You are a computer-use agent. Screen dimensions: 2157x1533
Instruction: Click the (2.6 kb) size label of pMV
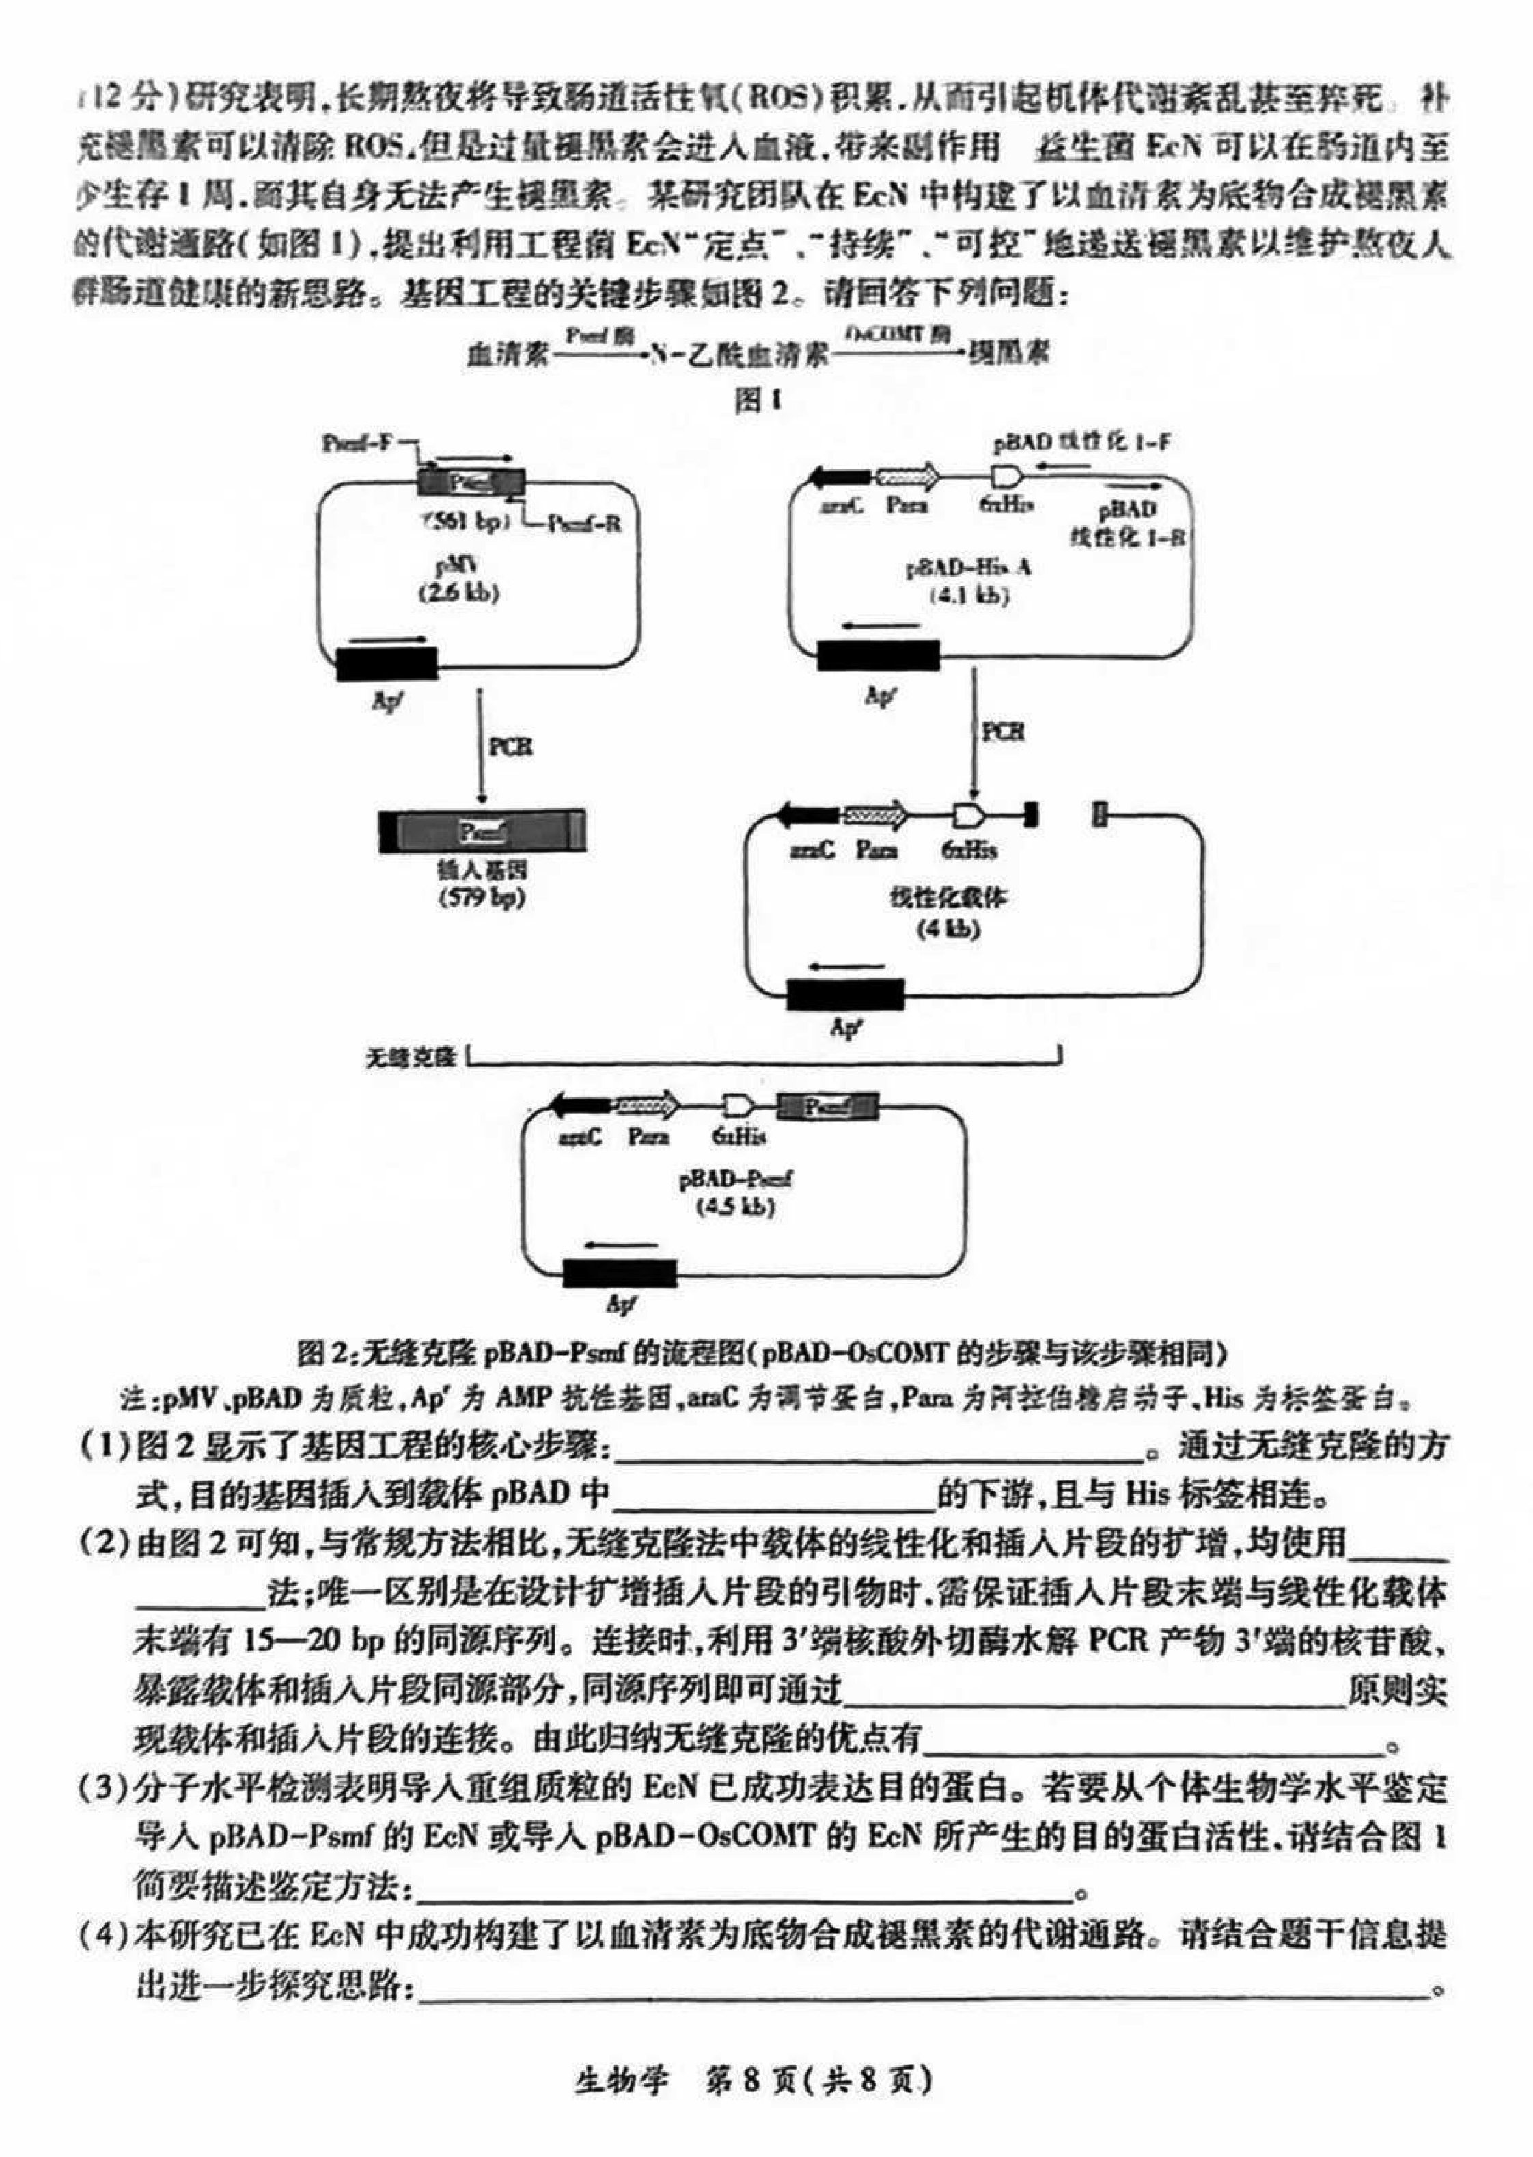(459, 594)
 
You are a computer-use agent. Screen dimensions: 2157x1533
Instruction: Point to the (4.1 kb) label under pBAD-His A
(969, 596)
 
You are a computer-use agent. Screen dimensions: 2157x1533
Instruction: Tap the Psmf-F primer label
(356, 442)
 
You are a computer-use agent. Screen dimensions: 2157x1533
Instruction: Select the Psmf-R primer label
(585, 522)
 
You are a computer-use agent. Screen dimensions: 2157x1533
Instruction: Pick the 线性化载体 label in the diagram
(948, 897)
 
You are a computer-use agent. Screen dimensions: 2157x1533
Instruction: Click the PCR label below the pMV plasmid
(510, 747)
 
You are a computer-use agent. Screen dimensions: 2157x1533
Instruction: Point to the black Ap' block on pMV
(387, 663)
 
